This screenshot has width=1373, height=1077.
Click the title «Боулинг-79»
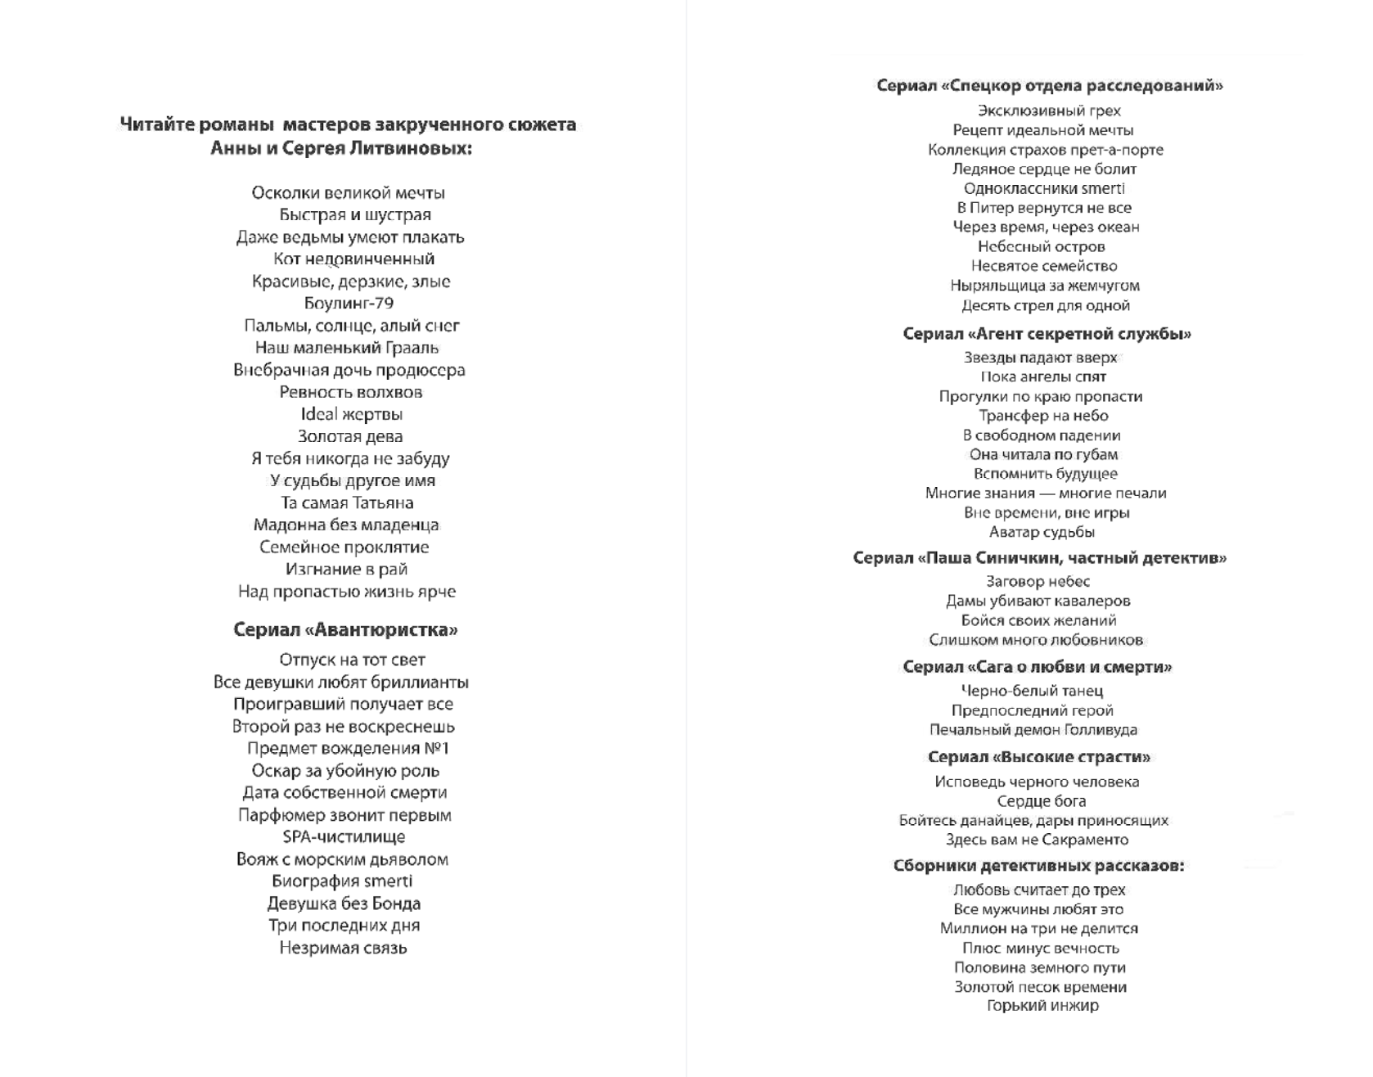349,304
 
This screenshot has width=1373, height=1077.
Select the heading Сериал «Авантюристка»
345,629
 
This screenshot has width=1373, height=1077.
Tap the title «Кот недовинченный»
353,259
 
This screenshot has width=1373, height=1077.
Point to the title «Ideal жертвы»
351,414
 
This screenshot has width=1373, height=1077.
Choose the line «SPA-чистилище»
344,837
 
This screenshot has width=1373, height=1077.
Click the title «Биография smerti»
342,881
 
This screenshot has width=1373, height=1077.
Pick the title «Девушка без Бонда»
344,904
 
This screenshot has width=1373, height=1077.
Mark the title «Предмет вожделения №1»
348,749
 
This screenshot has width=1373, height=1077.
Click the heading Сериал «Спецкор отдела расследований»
1050,85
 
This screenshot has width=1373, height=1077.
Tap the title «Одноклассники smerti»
1044,188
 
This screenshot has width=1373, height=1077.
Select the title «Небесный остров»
1041,246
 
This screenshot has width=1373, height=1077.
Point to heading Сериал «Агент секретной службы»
1047,334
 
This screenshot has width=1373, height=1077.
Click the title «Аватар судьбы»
1042,533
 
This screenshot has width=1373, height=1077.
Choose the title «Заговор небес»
1038,581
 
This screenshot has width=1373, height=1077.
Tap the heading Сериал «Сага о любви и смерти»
1037,667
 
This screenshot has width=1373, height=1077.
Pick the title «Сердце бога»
1041,801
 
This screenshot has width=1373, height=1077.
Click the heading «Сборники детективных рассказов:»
1038,865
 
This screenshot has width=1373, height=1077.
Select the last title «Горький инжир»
1042,1006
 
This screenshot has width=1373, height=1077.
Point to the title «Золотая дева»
350,437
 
